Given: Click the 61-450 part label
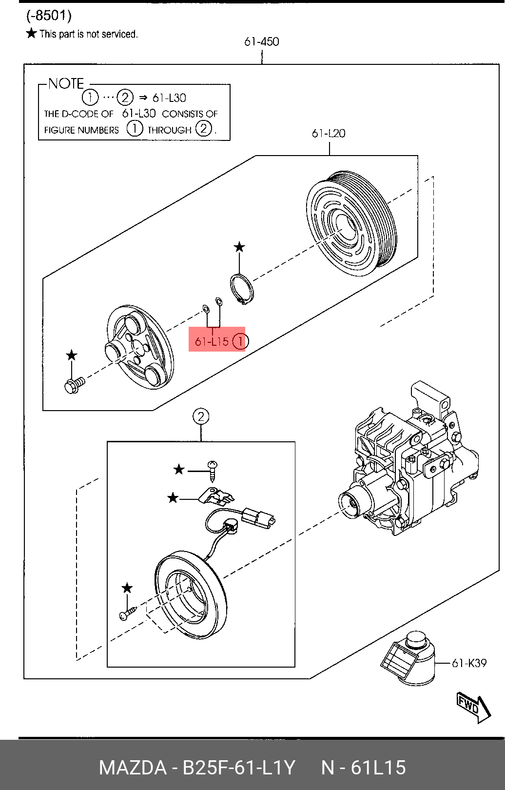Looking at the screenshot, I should click(x=262, y=42).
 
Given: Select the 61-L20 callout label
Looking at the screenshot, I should click(x=329, y=133).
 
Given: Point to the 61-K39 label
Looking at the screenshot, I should click(x=469, y=663).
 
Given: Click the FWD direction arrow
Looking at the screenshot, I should click(x=473, y=706).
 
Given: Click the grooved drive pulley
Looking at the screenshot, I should click(x=351, y=223).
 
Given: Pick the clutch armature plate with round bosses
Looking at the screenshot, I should click(x=139, y=347).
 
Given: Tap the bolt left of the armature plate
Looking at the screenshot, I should click(x=75, y=385).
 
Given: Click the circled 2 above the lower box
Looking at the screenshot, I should click(x=201, y=416).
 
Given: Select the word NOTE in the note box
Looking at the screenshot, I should click(x=66, y=83).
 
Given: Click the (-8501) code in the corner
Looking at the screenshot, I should click(x=49, y=16).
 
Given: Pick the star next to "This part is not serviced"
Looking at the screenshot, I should click(x=31, y=33).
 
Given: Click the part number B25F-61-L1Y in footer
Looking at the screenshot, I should click(x=238, y=768).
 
